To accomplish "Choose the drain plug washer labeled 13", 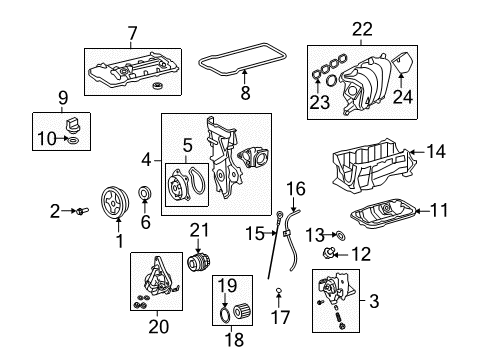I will [338, 236].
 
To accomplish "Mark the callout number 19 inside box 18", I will [227, 285].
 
